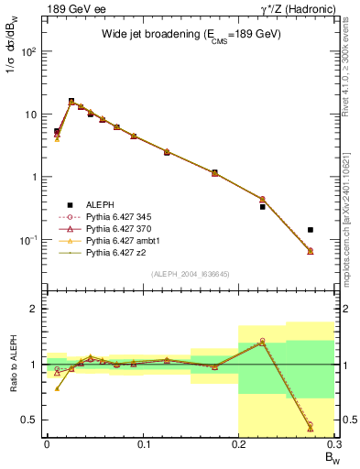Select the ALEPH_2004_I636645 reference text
(x=189, y=273)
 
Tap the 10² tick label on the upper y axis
(x=28, y=51)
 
